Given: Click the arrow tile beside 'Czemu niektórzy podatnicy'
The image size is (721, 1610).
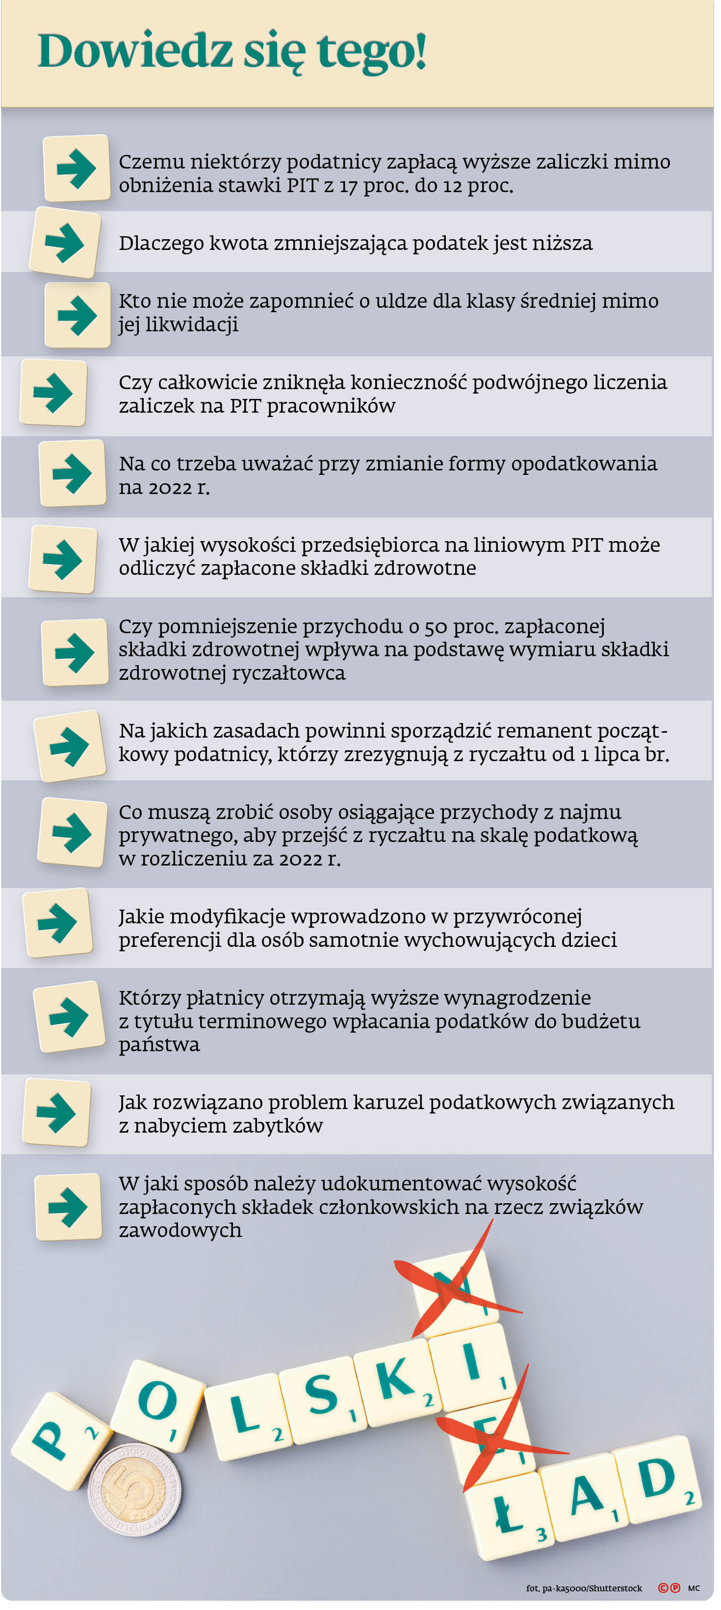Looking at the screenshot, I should (77, 168).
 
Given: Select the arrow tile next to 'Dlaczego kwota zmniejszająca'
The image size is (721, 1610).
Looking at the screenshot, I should (65, 243).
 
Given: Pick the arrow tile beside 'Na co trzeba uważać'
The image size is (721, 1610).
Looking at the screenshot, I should (72, 472).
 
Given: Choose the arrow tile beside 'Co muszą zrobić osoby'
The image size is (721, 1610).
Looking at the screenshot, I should (73, 833).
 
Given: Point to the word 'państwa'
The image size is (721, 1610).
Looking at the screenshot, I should (159, 1045).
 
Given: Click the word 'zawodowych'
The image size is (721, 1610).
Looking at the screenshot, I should (180, 1230).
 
